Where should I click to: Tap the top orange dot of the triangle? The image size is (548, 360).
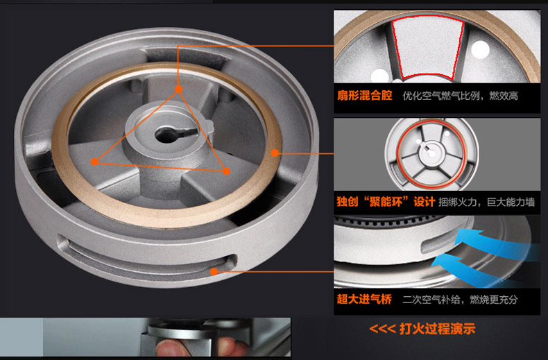click(178, 89)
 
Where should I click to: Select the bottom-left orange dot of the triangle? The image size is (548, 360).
click(94, 162)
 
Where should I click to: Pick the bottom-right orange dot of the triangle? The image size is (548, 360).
click(226, 171)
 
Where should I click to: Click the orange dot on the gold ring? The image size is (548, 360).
click(275, 153)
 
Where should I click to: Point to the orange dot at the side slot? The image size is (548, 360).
click(214, 271)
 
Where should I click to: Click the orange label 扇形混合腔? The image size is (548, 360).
click(364, 96)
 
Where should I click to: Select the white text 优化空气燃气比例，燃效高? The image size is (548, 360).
click(461, 96)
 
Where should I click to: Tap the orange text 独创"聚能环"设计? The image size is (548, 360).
click(386, 202)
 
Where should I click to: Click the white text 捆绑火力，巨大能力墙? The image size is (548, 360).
click(486, 202)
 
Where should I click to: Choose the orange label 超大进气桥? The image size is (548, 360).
click(364, 299)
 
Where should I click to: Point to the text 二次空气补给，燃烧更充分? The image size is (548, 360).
click(460, 300)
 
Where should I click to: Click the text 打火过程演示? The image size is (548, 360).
click(437, 329)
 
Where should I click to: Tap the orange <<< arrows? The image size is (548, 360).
click(382, 329)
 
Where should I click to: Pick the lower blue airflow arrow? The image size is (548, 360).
click(479, 271)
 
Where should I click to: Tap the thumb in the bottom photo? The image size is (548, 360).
click(172, 348)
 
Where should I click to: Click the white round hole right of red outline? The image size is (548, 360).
click(480, 49)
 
